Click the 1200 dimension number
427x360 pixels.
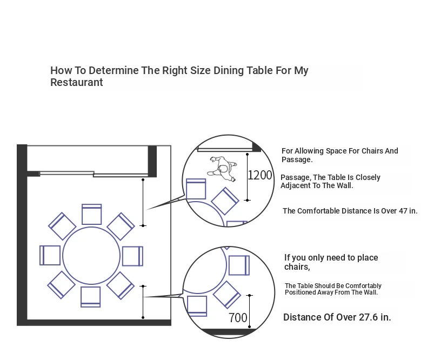pos(260,175)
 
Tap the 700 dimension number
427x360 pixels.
pos(238,317)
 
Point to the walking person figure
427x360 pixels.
pos(222,169)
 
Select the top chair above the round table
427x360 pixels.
pos(92,214)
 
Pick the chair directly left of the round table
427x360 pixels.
pos(50,255)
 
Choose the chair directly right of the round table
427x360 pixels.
pos(132,256)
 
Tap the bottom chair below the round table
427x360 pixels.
pos(91,297)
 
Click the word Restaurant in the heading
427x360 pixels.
pos(77,82)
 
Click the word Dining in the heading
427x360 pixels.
pos(229,70)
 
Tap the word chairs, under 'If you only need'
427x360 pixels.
pos(297,267)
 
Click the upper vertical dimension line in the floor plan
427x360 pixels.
pos(143,203)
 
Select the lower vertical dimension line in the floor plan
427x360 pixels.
pos(143,302)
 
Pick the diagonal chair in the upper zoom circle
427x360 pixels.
pos(225,201)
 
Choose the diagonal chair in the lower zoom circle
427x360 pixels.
pos(226,295)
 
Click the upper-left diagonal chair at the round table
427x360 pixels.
pos(62,226)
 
